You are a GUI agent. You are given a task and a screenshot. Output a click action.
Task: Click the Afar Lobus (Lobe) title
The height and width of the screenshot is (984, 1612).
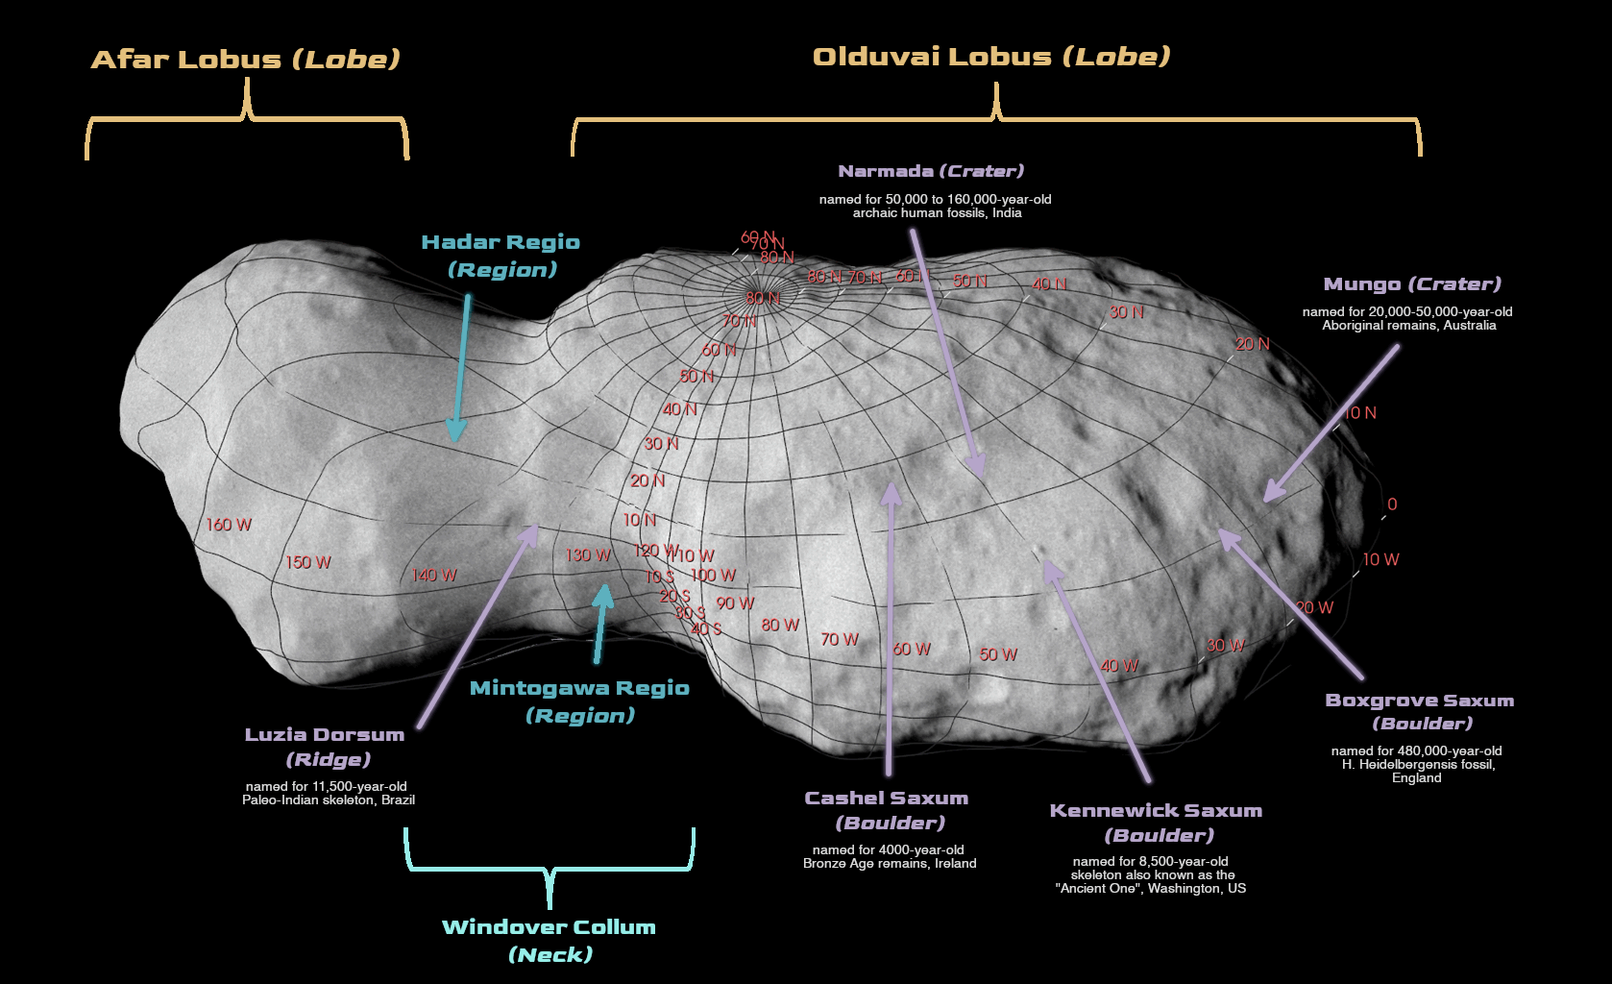[245, 59]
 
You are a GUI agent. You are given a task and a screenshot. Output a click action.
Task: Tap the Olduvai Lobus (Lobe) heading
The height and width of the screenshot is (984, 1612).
[991, 56]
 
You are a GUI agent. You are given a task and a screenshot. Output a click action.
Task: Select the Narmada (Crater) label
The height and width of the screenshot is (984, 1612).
[930, 171]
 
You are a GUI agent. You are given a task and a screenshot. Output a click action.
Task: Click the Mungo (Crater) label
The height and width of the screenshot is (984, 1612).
[1411, 283]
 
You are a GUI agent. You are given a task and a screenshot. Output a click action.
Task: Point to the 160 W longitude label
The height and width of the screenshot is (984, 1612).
[229, 525]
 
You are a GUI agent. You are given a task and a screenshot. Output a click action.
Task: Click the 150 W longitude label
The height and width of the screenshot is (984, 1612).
[307, 562]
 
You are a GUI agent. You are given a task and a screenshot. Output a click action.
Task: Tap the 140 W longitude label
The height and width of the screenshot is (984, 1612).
[434, 575]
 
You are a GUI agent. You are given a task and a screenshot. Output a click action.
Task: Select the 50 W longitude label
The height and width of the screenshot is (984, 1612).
[997, 654]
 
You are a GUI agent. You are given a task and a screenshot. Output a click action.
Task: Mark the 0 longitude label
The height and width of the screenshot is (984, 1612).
[1392, 504]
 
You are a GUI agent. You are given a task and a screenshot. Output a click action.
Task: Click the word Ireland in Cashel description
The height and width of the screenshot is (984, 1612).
[954, 863]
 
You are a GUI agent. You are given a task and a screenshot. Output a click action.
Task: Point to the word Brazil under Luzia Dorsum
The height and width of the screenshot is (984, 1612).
[398, 799]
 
